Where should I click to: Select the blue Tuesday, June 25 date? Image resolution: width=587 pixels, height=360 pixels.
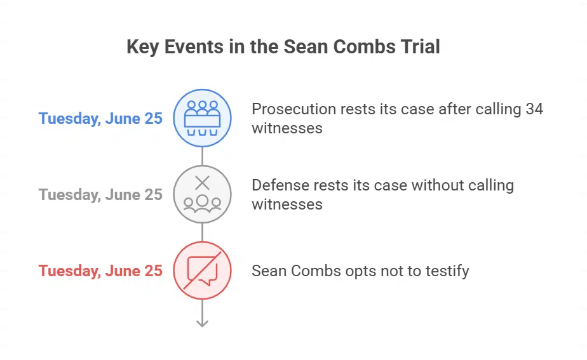click(x=100, y=118)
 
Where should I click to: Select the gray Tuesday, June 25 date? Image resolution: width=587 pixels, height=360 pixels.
click(x=100, y=194)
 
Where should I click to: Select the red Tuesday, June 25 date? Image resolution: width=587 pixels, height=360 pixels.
click(x=100, y=270)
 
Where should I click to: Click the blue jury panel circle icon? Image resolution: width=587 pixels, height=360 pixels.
click(x=202, y=118)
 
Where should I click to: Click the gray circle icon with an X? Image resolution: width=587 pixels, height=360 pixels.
click(x=202, y=194)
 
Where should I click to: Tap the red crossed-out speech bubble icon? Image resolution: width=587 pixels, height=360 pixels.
click(x=202, y=270)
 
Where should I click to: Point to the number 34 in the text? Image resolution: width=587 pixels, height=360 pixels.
click(x=534, y=109)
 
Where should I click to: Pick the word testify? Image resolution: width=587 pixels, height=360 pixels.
click(x=447, y=271)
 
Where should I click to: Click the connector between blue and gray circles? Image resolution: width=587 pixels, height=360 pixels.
click(x=202, y=156)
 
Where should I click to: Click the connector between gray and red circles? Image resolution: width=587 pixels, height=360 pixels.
click(x=202, y=232)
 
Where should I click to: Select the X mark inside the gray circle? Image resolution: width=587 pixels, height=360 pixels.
click(x=202, y=183)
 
